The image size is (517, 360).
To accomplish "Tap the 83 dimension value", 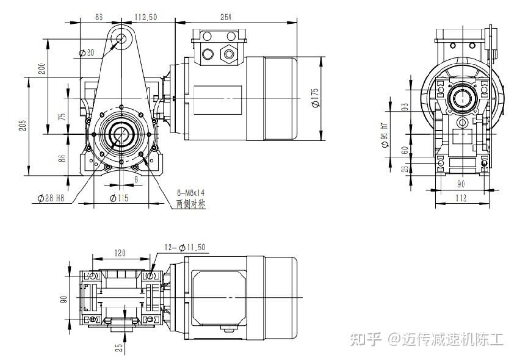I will click(x=99, y=18).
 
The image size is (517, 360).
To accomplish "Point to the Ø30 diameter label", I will click(x=87, y=53).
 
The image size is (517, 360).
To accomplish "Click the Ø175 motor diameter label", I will click(x=315, y=97).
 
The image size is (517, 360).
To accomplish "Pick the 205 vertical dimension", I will click(x=23, y=125).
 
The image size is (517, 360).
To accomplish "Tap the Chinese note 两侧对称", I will click(x=190, y=204).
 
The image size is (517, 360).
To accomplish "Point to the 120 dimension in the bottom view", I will click(x=119, y=252).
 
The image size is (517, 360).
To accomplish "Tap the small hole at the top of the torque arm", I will click(x=121, y=39).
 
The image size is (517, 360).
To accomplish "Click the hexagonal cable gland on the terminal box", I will click(x=230, y=54).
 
